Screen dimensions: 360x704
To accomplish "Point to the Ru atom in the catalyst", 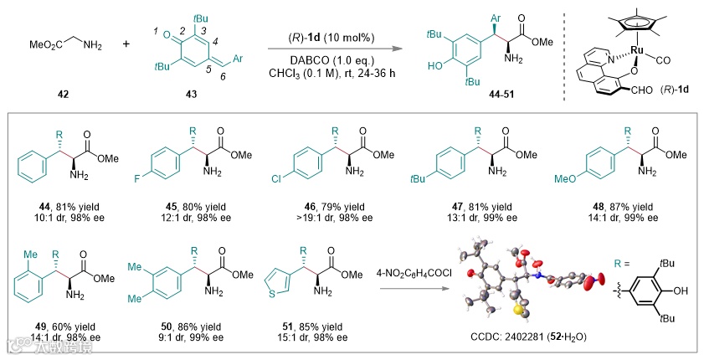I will [x=638, y=49].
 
